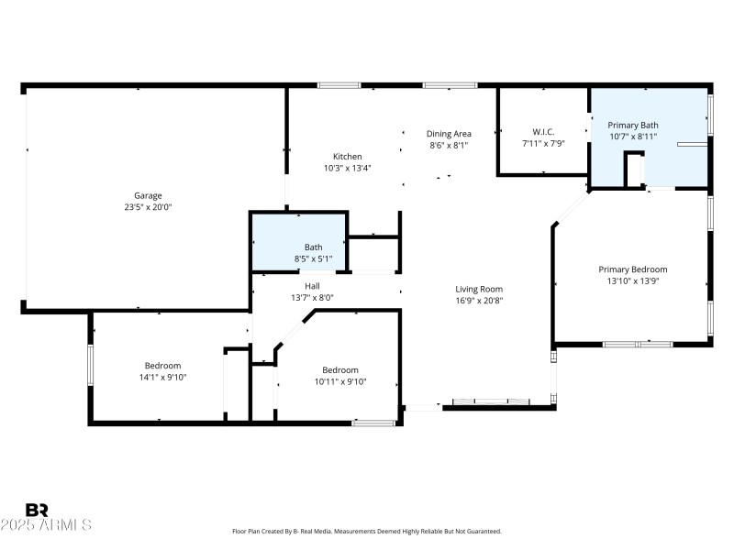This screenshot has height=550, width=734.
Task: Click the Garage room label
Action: click(148, 195)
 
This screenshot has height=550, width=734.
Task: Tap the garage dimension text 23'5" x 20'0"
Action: click(148, 207)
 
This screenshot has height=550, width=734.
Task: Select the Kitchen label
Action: click(347, 156)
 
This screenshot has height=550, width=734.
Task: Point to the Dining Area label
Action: click(449, 133)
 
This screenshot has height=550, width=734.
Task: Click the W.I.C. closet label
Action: click(543, 131)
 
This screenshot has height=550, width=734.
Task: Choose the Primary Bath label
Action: click(633, 125)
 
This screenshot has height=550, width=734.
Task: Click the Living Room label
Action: click(479, 289)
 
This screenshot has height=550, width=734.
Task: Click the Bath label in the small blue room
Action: click(313, 247)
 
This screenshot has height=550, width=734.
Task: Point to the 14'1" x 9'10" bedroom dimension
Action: click(161, 377)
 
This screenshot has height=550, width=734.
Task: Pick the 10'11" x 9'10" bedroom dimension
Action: click(340, 381)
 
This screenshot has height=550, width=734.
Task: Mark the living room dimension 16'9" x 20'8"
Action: click(479, 301)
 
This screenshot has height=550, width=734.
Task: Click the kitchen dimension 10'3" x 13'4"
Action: click(347, 168)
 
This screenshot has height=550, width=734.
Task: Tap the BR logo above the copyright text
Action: click(37, 510)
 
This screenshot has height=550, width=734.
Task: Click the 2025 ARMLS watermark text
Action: click(46, 525)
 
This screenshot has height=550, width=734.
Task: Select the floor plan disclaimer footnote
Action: click(367, 532)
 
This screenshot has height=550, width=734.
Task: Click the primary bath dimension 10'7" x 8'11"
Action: click(633, 137)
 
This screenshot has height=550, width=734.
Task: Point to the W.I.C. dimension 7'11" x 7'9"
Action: click(543, 143)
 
